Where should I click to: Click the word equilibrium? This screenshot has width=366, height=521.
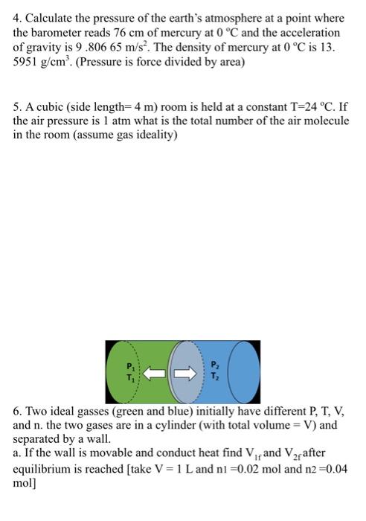point(44,468)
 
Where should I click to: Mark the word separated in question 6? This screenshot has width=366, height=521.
point(40,438)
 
